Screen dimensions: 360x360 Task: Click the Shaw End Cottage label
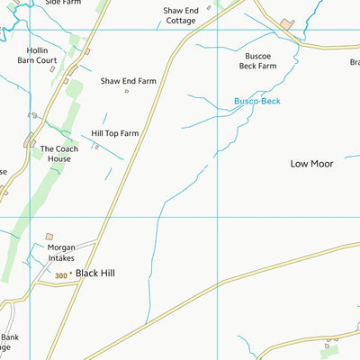tap(180, 15)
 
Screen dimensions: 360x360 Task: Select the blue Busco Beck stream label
tap(257, 102)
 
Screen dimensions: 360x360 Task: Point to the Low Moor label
tap(312, 164)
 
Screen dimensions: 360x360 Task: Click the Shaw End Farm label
tap(129, 80)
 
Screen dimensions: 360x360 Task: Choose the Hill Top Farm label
tap(115, 134)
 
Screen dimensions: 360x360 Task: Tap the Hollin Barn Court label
tap(37, 56)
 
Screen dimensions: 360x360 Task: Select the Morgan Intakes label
tap(62, 252)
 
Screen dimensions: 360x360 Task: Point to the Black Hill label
tap(95, 273)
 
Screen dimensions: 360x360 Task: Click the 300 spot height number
tap(60, 276)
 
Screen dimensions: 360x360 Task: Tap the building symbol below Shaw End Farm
tap(127, 91)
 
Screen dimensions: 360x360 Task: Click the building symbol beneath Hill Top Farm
tap(96, 146)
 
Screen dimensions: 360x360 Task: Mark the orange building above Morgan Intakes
tap(49, 236)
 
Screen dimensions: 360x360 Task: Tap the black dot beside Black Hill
tap(71, 274)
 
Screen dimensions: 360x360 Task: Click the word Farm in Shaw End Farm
tap(147, 80)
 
